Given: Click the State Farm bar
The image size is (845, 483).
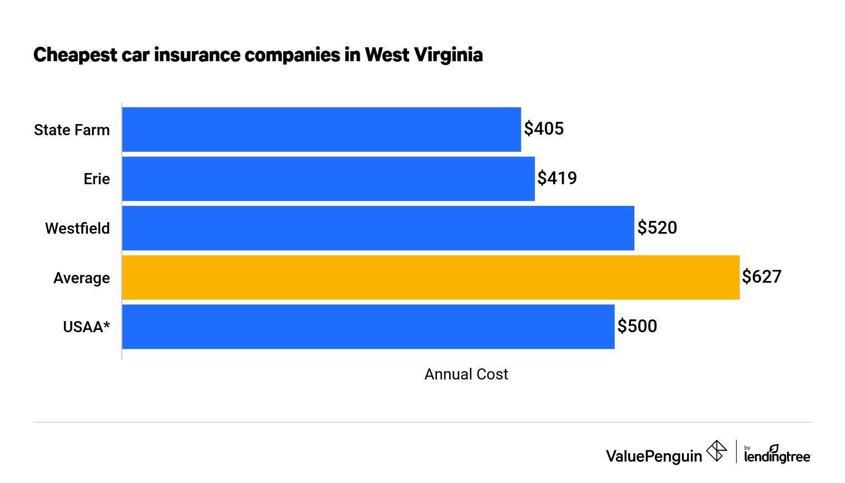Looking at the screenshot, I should point(321,129).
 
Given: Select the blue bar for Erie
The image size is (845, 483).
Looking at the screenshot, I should point(328,179).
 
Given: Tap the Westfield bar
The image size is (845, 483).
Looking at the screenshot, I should point(378,228).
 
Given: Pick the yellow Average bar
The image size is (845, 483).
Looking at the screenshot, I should point(431,277).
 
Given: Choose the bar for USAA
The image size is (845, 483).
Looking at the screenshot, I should point(368,327).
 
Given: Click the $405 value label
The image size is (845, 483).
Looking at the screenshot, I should point(544,129).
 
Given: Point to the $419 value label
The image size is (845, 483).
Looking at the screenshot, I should point(557,178).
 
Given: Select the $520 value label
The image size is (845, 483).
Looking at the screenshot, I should point(657,228).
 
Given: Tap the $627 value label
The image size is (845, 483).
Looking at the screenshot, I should point(762,277).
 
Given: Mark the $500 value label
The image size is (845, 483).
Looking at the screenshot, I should point(637,326).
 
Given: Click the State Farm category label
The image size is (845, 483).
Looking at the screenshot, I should point(72,130).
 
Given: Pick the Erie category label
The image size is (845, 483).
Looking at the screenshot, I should point(97,179).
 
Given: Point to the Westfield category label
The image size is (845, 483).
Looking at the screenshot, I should point(77,229).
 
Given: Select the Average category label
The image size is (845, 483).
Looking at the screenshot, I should point(82,278).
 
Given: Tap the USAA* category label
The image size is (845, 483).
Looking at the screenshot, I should point(86,327).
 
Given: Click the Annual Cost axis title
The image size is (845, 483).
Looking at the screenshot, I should point(466,374).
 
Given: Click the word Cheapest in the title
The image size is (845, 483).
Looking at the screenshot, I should point(76,55).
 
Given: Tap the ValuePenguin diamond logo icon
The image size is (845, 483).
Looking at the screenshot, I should point(717,451).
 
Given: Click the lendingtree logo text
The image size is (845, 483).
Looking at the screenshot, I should point(777,456).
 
